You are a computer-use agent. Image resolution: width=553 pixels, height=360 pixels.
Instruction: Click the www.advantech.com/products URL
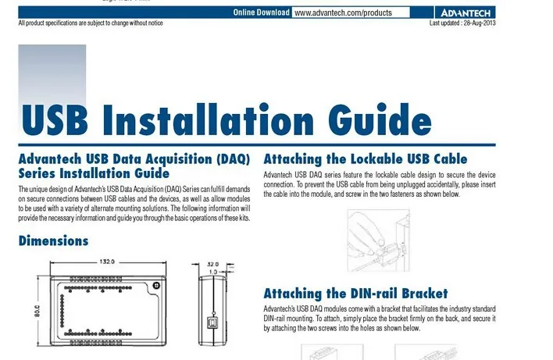pos(341,13)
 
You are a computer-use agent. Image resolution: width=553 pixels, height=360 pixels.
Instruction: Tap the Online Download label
pos(261,13)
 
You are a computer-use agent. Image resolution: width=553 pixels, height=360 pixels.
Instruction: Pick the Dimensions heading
pos(53,241)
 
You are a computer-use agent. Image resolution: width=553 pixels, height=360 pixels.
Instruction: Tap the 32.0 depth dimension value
pos(212,263)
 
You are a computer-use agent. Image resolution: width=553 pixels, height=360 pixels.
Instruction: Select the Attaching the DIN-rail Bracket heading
pos(355,294)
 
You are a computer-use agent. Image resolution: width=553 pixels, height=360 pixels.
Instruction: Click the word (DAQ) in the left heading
pos(230,159)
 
